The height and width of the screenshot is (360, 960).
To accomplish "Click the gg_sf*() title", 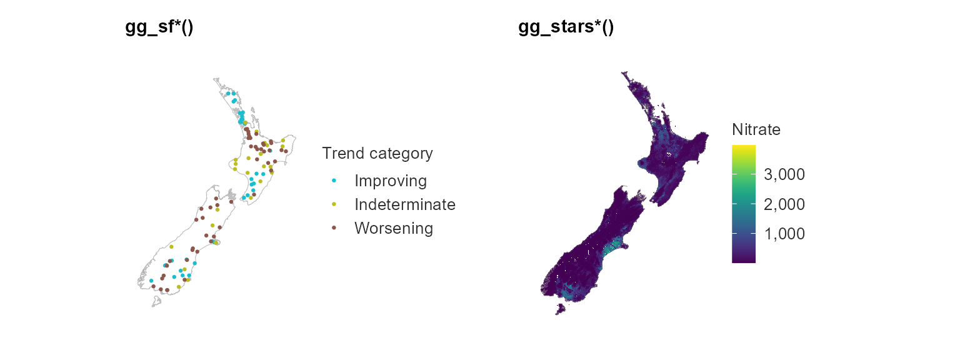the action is click(159, 27).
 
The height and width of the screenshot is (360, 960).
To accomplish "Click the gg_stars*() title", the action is click(566, 27).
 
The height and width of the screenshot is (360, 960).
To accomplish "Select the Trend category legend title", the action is click(377, 153).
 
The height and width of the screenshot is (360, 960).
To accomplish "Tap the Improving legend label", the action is click(391, 181).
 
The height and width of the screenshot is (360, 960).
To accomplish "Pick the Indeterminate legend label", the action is click(404, 204).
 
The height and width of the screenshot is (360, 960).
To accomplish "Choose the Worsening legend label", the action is click(393, 228).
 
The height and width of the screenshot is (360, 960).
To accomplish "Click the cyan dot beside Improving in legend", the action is click(334, 181).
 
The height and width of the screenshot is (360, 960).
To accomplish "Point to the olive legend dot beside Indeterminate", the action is click(334, 204).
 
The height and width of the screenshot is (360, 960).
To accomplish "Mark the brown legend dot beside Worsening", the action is click(334, 228).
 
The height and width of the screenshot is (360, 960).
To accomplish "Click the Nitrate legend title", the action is click(756, 129).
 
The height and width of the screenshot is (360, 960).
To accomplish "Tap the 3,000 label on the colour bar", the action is click(784, 174).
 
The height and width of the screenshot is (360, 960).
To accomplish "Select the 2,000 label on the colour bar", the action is click(784, 204).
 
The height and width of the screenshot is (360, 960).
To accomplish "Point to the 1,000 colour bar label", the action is click(784, 234).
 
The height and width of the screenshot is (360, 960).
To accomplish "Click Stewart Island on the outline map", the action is click(156, 302).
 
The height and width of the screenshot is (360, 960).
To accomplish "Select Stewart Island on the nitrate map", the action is click(560, 309).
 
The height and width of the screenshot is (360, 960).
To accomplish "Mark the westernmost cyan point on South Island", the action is click(151, 281).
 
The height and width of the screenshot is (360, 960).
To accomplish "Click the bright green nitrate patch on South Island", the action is click(614, 246).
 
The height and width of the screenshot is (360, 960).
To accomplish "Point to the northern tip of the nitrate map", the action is click(622, 72).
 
